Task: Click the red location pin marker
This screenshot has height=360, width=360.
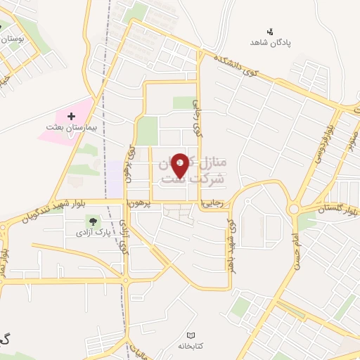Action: point(180,165)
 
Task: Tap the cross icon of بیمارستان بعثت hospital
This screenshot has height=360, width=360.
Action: point(71,115)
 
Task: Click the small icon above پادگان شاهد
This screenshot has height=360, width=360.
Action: point(269,31)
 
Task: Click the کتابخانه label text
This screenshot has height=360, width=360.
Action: point(191,347)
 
